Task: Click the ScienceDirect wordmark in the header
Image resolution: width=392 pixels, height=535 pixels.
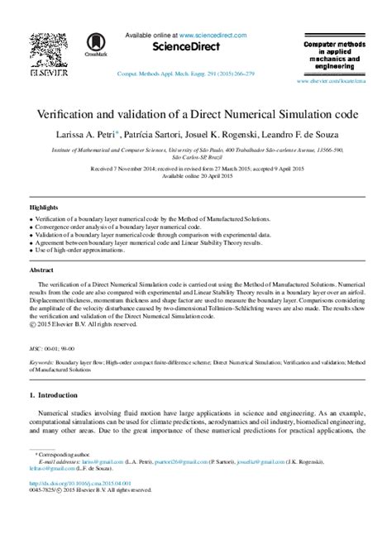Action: tap(176, 47)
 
